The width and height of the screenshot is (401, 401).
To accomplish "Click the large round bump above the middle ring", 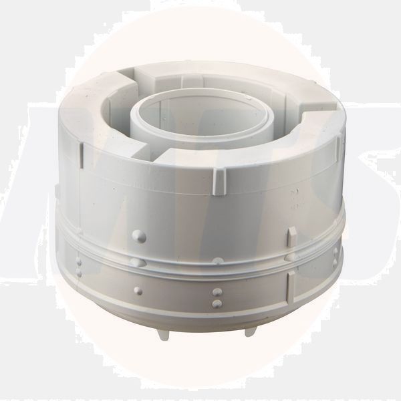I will [x=139, y=235].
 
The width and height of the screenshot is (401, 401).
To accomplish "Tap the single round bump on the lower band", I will [x=138, y=291].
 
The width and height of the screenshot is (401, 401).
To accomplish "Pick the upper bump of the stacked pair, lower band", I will [x=217, y=293].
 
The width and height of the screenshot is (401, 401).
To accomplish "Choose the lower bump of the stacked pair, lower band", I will [x=217, y=304].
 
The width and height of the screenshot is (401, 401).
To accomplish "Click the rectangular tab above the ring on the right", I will [x=292, y=235].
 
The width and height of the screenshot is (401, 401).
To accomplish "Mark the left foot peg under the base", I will [x=164, y=334].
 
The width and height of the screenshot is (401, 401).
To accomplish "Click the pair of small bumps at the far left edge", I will [x=78, y=267].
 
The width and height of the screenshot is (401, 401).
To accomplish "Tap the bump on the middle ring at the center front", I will [x=218, y=260].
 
